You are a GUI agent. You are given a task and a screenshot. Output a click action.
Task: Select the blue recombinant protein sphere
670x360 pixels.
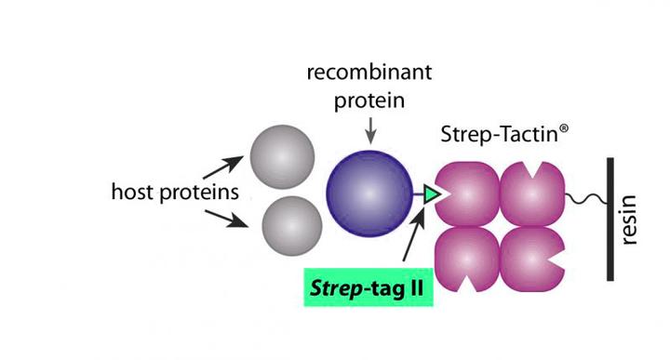coord(368,192)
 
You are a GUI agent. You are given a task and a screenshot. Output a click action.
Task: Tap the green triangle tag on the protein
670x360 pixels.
coord(432,193)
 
